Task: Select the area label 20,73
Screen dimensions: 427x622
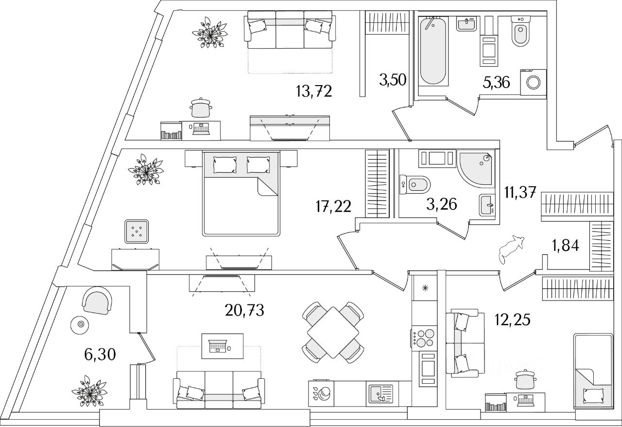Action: click(245, 310)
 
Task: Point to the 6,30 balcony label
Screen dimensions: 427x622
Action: click(99, 355)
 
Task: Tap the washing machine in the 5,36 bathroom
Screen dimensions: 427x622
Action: click(533, 84)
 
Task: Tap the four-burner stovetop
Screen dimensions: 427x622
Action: click(425, 338)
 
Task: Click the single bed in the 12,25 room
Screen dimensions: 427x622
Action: click(593, 370)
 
